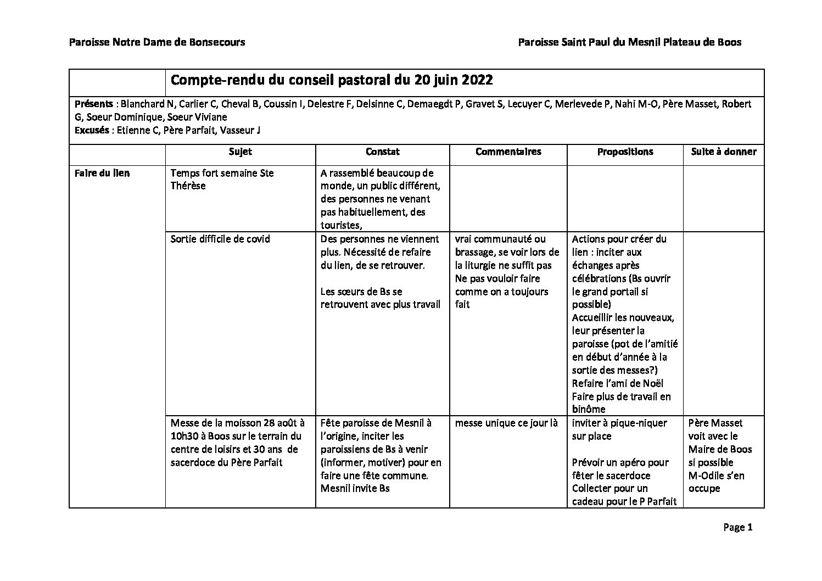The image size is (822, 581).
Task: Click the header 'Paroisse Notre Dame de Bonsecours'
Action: point(157,42)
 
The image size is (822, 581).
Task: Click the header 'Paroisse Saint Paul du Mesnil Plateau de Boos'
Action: point(630,42)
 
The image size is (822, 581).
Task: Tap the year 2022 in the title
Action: point(477,80)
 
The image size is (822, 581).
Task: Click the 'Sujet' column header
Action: point(240,152)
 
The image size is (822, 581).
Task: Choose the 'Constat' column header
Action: point(382,152)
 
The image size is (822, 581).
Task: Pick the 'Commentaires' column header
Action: point(508,152)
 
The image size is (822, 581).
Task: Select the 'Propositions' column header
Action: point(625,152)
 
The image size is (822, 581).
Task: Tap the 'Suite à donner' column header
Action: point(723,152)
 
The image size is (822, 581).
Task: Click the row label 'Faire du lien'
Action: point(102,173)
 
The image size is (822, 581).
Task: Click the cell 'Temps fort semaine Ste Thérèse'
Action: point(222,180)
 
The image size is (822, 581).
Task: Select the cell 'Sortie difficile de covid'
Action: point(220,239)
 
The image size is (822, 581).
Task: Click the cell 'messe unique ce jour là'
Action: point(506,423)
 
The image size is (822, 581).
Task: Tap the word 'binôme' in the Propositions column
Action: point(589,409)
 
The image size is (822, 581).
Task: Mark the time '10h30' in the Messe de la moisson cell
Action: point(184,436)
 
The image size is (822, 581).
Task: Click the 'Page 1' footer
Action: point(737,528)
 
